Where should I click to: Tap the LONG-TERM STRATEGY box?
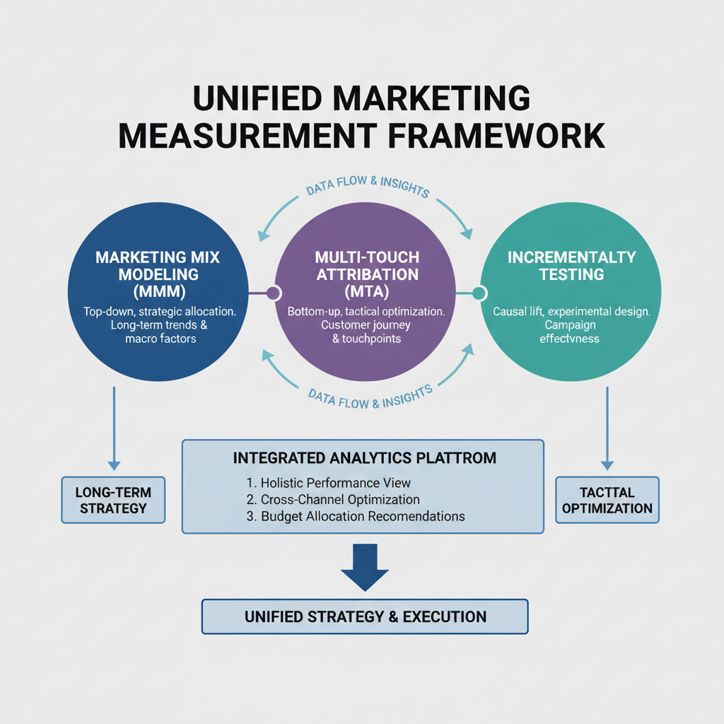(x=113, y=499)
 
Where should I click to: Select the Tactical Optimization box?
(x=607, y=499)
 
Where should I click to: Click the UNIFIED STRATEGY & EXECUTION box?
(x=365, y=617)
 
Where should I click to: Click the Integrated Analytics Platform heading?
(x=364, y=458)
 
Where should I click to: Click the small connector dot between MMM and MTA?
(x=274, y=293)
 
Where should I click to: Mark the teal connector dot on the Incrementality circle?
(x=479, y=293)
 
